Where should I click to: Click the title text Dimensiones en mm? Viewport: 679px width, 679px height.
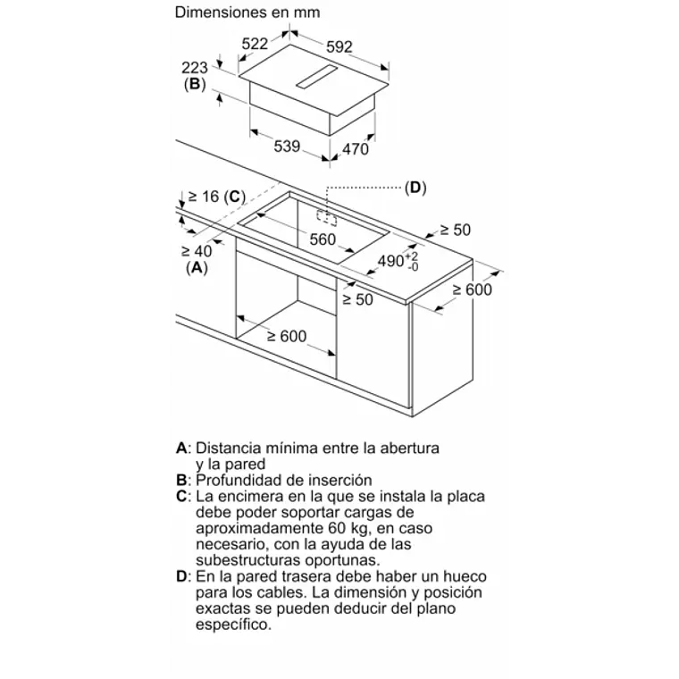point(247,13)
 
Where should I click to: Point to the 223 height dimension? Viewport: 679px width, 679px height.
point(194,67)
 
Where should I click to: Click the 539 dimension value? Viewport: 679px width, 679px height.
point(286,147)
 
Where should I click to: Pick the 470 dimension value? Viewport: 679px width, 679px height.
point(356,149)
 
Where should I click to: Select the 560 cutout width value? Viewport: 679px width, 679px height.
point(322,239)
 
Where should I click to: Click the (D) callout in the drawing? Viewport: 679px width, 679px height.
point(415,189)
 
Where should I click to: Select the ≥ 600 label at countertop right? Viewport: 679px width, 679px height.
point(472,289)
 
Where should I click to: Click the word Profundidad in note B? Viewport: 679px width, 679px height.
point(239,480)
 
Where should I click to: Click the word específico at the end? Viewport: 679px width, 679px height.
point(231,625)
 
